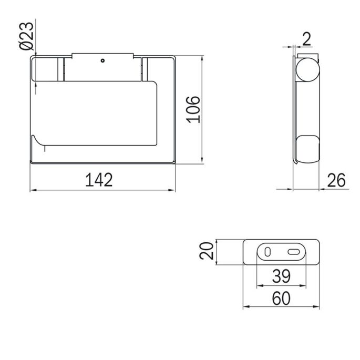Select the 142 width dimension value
click(x=99, y=180)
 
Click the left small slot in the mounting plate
click(x=268, y=252)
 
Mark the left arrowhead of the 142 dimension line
click(x=32, y=189)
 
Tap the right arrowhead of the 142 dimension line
click(x=172, y=189)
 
